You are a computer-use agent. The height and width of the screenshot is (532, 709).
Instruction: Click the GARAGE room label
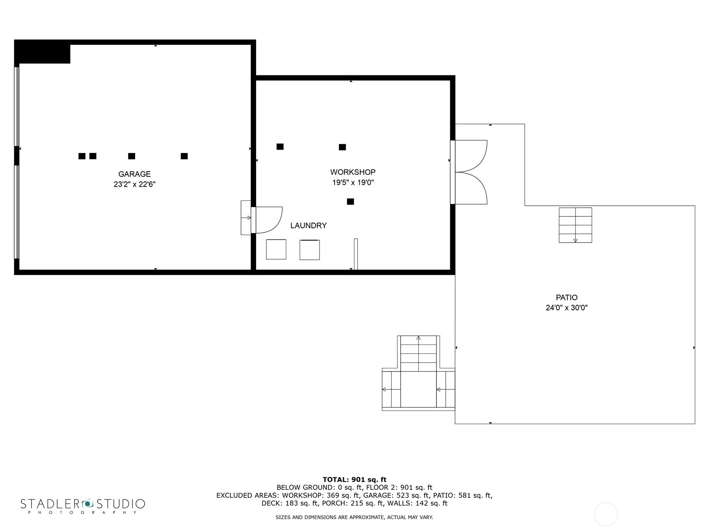tap(134, 174)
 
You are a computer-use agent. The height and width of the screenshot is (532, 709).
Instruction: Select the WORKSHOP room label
tap(353, 172)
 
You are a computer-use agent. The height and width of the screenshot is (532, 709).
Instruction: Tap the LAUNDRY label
tap(308, 226)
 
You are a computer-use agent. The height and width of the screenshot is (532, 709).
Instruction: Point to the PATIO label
tap(567, 297)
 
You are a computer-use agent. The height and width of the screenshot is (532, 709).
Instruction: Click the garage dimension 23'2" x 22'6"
tap(134, 184)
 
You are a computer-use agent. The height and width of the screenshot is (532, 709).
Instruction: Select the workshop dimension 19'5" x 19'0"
tap(353, 183)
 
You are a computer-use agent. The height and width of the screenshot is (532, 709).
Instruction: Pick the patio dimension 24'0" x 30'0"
tap(567, 308)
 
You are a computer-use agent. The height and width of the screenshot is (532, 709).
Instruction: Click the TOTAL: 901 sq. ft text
tap(354, 480)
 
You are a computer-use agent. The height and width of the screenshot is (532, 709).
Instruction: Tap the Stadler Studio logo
tap(83, 506)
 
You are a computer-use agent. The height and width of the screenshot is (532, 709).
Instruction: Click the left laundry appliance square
tap(276, 249)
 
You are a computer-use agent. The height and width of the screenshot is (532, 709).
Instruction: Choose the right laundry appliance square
tap(310, 250)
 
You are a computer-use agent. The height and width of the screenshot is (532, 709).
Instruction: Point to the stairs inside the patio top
tap(575, 225)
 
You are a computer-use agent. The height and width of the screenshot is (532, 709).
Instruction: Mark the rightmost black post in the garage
tap(184, 156)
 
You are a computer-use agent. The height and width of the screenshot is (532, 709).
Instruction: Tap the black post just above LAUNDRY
tap(351, 202)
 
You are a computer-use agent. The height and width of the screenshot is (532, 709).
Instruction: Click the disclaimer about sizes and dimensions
tap(354, 517)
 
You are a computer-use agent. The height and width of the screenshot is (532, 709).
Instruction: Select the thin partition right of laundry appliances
tap(356, 254)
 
